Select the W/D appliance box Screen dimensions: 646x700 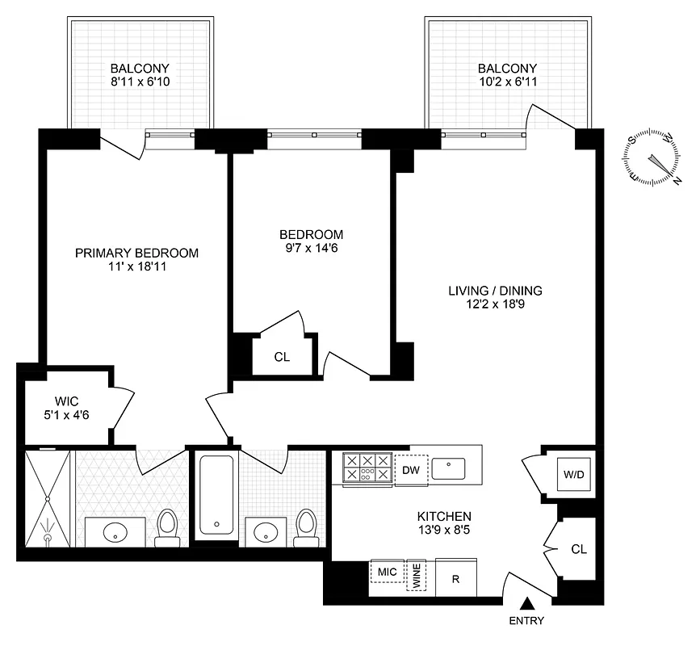pos(574,474)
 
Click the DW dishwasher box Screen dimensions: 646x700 pos(409,469)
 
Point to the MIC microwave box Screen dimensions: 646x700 pos(387,572)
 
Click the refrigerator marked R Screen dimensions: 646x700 pos(455,579)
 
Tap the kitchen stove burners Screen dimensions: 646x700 pos(367,469)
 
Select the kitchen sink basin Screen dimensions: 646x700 pos(448,468)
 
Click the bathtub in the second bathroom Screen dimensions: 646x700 pos(215,495)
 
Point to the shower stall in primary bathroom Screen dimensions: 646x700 pos(48,497)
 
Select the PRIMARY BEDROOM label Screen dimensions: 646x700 pos(136,253)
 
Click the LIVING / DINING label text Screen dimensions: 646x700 pos(496,291)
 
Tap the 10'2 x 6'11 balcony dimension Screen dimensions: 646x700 pos(507,82)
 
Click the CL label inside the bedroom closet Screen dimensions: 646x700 pos(281,356)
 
